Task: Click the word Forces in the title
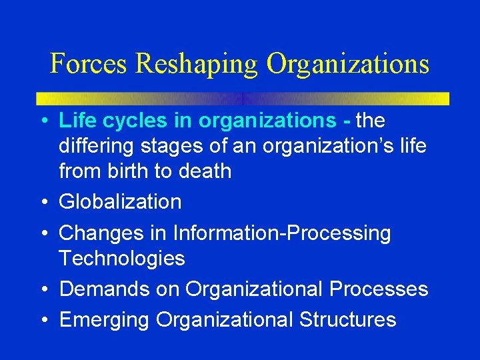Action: [89, 63]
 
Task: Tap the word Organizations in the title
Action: [348, 65]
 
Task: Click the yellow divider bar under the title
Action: [242, 98]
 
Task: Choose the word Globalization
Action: [120, 202]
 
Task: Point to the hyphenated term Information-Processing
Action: [282, 233]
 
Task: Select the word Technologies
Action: [121, 258]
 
